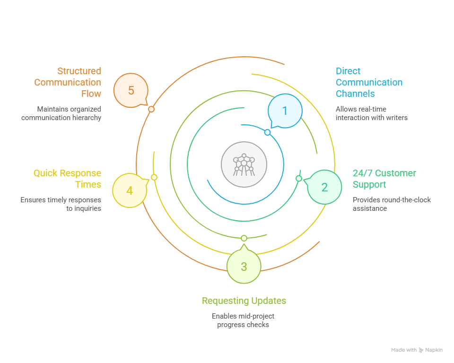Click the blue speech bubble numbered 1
tap(285, 111)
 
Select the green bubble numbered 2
tap(324, 187)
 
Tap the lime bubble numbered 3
tap(244, 266)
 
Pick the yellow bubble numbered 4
tap(130, 190)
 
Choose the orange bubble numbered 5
tap(131, 90)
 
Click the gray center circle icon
tap(244, 164)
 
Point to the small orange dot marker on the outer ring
tap(151, 109)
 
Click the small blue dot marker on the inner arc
tap(268, 132)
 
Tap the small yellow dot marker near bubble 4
tap(154, 177)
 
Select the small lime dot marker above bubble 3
tap(244, 238)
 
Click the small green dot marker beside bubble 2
tap(299, 179)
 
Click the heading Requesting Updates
tap(244, 301)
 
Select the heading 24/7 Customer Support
tap(384, 179)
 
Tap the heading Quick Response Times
tap(68, 179)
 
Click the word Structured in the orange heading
tap(79, 71)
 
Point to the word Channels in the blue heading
tap(355, 94)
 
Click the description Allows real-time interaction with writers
tap(372, 113)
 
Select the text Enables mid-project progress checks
tap(243, 320)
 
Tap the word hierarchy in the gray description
tap(87, 118)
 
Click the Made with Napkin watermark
tap(417, 350)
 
